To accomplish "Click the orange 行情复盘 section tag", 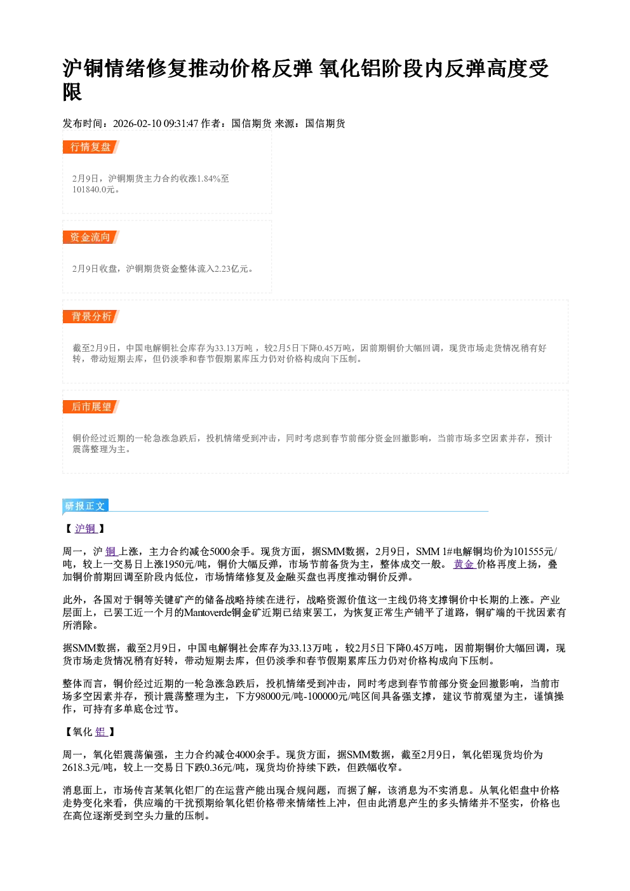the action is click(91, 147).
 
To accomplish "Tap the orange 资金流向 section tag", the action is click(91, 237).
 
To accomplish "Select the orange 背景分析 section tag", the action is click(91, 317).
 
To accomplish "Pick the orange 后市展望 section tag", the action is click(91, 406).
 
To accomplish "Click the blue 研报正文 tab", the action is click(85, 506).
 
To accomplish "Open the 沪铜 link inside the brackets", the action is click(86, 528).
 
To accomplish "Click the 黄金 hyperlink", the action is click(464, 565).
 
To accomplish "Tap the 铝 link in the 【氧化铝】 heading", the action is click(101, 732).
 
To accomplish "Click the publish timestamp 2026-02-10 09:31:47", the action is click(156, 124).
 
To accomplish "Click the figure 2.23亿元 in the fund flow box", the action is click(231, 269).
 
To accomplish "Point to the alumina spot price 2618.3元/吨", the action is click(87, 768).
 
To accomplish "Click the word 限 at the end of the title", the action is click(72, 92).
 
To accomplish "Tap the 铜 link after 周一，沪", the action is click(111, 552).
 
